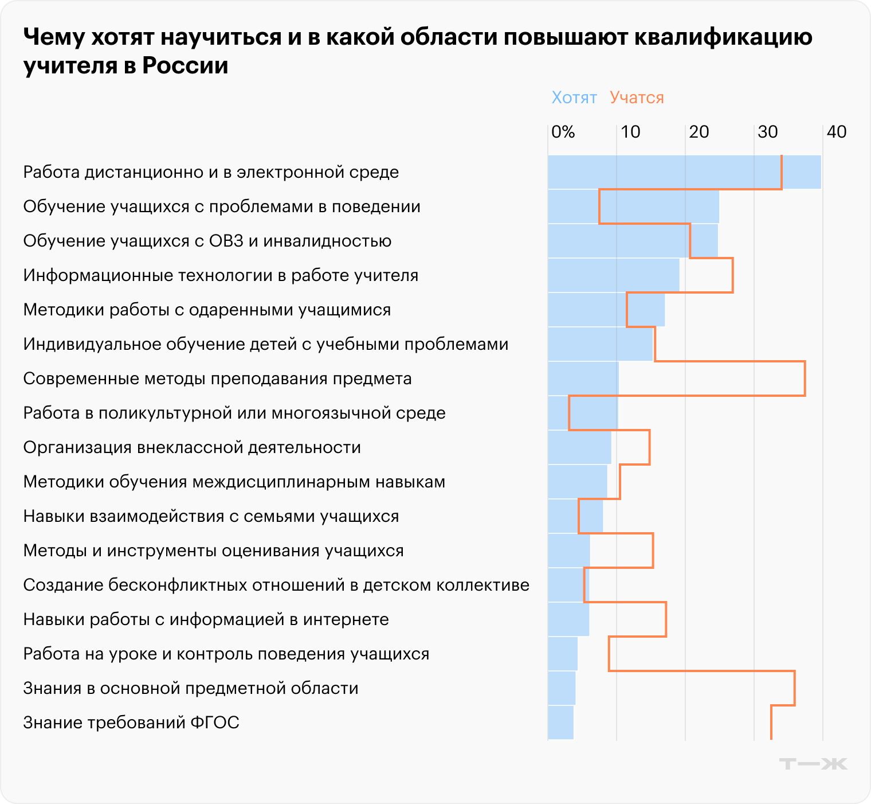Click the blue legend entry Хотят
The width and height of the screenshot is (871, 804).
[574, 97]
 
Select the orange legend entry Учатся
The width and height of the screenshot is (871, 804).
[637, 97]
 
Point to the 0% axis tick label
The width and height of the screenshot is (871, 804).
[563, 132]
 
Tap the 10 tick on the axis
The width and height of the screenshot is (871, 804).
[630, 132]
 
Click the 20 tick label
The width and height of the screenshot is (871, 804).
[699, 132]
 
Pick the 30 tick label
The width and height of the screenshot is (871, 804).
[767, 132]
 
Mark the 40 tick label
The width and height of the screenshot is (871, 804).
[836, 132]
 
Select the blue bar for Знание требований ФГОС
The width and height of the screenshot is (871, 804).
[560, 723]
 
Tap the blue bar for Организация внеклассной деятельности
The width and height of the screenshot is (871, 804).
[579, 447]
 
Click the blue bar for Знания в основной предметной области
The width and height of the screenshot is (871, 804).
[562, 688]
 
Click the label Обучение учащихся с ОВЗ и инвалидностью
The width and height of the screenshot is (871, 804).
[207, 241]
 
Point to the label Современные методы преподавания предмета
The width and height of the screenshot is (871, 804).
[217, 378]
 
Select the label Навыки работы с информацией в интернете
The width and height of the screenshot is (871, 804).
[206, 619]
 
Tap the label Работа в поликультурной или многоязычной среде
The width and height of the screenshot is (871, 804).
[234, 413]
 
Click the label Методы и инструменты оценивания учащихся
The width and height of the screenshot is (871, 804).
[213, 551]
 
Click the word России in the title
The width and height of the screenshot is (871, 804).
[185, 65]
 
